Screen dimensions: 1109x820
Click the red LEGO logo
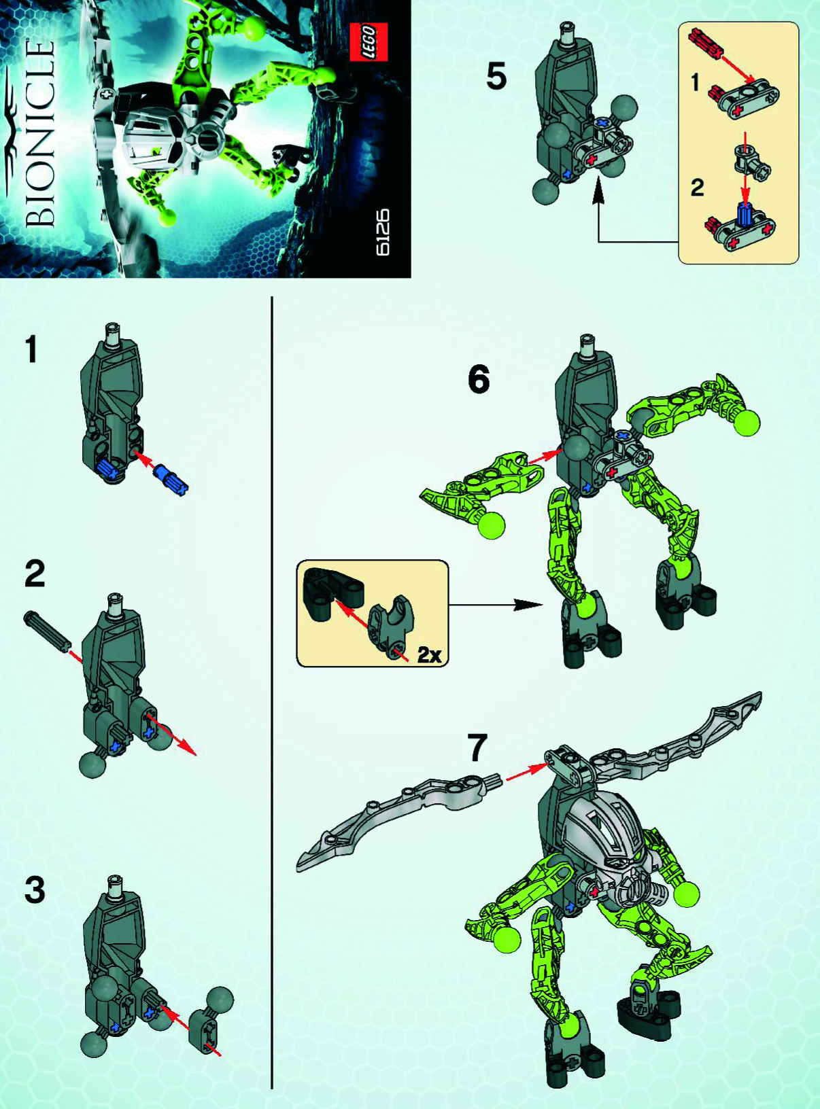[x=369, y=42]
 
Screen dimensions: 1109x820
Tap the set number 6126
[x=383, y=232]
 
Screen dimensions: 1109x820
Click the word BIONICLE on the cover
[x=39, y=133]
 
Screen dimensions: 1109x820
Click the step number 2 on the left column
[x=34, y=574]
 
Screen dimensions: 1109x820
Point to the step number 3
[x=35, y=890]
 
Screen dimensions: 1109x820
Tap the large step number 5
[x=496, y=77]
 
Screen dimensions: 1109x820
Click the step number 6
[x=479, y=379]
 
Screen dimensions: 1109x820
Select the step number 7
[x=477, y=748]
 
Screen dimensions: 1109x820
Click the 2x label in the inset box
[x=429, y=655]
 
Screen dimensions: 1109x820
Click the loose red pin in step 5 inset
[x=704, y=43]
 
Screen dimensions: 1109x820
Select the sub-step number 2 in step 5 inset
[x=697, y=187]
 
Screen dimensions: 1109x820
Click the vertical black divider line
[x=272, y=680]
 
